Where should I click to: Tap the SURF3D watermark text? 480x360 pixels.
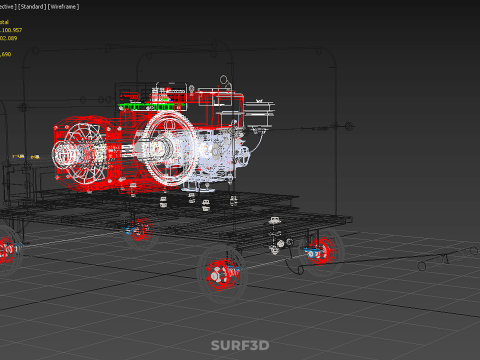239,346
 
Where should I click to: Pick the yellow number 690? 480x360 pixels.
6,54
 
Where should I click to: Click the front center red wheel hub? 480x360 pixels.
220,271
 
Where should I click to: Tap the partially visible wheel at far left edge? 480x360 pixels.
6,249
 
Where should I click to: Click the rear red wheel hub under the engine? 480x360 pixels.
141,232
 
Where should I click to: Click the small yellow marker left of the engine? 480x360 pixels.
18,157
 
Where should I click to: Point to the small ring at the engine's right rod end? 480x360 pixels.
347,127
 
